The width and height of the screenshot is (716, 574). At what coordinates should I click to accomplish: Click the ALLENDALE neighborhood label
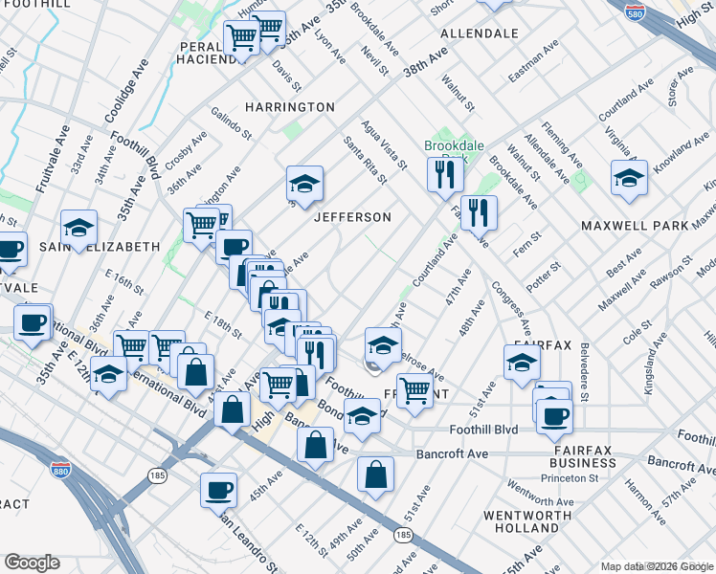click(x=479, y=33)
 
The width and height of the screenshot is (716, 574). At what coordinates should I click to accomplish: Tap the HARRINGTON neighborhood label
click(x=289, y=107)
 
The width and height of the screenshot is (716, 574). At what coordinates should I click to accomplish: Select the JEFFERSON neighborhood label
click(x=353, y=217)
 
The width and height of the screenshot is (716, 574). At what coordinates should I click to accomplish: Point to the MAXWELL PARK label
click(x=635, y=226)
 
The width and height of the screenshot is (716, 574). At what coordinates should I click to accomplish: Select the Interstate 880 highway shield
click(x=59, y=470)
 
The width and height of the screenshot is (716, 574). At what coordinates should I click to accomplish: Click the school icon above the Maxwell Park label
click(x=628, y=179)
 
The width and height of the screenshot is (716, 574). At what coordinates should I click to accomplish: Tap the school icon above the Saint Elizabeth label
click(x=78, y=228)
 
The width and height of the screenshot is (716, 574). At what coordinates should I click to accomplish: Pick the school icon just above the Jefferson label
click(x=304, y=184)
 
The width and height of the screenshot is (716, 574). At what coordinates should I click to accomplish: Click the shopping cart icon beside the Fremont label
click(x=414, y=389)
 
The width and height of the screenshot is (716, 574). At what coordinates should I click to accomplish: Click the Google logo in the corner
click(x=32, y=563)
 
